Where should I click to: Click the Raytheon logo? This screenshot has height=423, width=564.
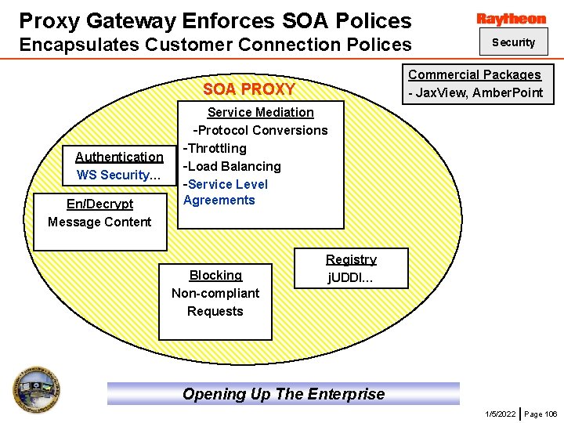pos(511,19)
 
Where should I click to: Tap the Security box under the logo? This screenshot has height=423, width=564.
pos(513,42)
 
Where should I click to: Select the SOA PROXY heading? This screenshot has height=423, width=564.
pos(249,89)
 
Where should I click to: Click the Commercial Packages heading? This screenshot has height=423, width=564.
pos(474,74)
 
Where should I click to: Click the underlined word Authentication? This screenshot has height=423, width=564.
pos(119,157)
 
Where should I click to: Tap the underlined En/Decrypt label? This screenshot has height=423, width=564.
pos(99,204)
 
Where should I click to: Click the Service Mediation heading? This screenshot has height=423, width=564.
pos(260,112)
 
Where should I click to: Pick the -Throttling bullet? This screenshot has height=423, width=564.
pos(215,148)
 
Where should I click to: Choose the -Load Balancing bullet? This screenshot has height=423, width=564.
pos(232,166)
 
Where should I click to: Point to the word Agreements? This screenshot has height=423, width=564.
pos(219,200)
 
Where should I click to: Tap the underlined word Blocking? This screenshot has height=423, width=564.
pos(215,275)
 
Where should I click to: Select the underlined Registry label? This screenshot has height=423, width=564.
pos(351,259)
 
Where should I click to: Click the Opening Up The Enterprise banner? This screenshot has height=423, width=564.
pos(284,394)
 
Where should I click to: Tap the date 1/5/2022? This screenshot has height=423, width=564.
pos(501,414)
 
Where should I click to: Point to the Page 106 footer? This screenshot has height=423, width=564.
pos(540,414)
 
